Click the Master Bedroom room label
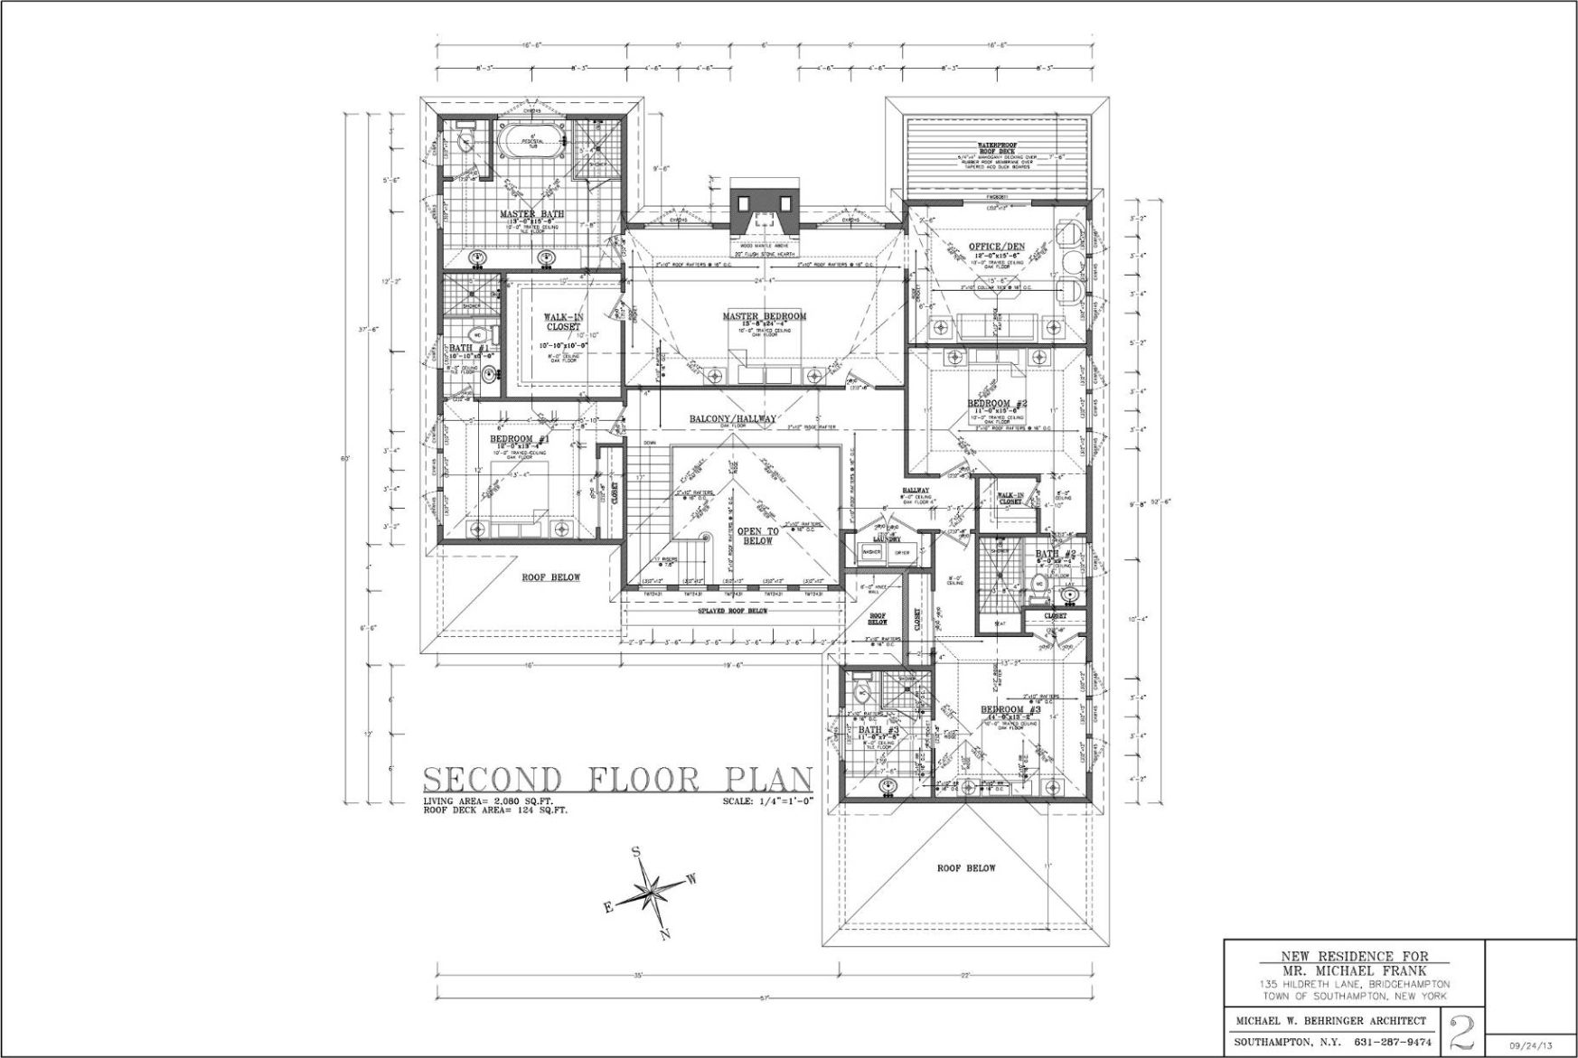[764, 316]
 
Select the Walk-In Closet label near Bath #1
[563, 322]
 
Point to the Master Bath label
[531, 214]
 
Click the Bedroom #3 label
[1011, 710]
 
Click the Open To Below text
[757, 536]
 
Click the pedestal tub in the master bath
[531, 139]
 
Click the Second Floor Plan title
[618, 779]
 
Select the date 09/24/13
[1532, 1044]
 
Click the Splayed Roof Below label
[733, 611]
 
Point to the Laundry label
[886, 539]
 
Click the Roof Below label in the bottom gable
[965, 867]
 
